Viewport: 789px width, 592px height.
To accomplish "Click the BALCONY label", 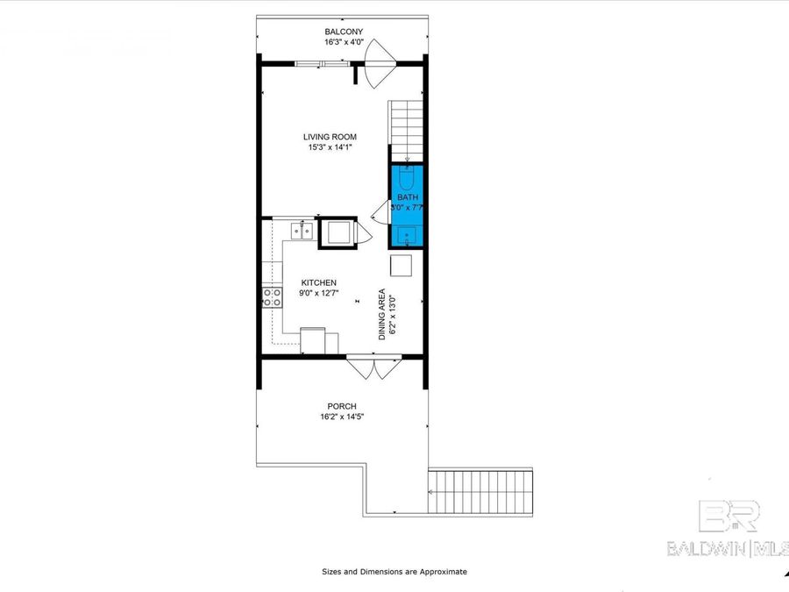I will (344, 32).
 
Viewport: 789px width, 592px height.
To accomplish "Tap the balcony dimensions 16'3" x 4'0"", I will (344, 42).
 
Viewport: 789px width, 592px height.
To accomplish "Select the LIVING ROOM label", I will (330, 137).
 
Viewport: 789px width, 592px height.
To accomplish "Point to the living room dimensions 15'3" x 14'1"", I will (330, 147).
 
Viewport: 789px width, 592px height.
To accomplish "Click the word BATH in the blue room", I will (407, 197).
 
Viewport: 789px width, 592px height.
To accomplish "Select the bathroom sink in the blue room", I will (407, 235).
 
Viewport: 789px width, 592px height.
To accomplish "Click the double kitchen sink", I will (302, 231).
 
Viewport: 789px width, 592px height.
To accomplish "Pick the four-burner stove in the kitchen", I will (272, 297).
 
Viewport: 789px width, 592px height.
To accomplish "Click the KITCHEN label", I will (319, 282).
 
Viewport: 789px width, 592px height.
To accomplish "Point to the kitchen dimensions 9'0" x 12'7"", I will (319, 293).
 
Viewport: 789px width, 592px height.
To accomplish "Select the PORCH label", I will (341, 406).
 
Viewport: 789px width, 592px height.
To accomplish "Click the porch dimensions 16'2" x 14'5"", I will (341, 417).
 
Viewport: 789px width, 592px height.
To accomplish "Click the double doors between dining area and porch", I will (373, 367).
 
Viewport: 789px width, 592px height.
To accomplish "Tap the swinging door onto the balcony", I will (380, 66).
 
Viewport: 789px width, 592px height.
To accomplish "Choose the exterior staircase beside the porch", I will (480, 492).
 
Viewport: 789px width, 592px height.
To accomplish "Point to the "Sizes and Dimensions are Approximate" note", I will (394, 572).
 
